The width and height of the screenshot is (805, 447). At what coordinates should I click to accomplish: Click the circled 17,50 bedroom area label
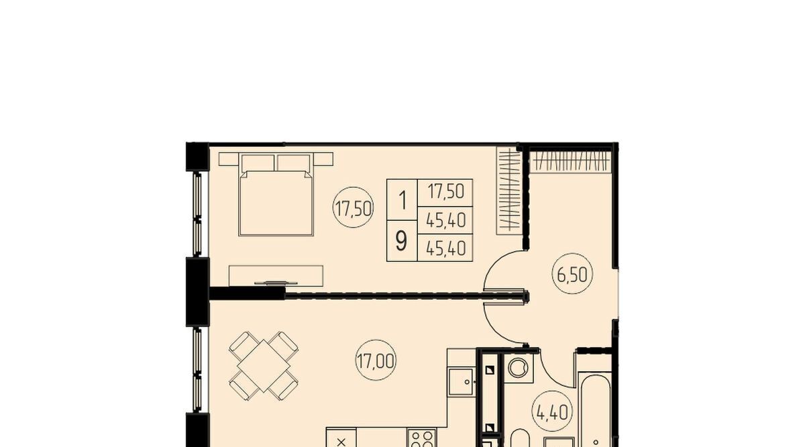[x=354, y=207]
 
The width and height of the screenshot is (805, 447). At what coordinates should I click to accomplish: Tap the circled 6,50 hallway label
[x=572, y=274]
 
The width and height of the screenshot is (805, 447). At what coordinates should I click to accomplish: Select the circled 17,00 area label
[x=376, y=360]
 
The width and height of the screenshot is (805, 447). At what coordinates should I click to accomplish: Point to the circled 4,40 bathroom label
[x=552, y=411]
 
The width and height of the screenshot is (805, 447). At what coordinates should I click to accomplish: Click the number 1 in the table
[x=402, y=200]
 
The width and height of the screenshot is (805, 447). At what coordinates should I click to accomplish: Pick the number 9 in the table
[x=401, y=241]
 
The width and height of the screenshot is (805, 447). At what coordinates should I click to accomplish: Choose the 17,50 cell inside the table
[x=445, y=192]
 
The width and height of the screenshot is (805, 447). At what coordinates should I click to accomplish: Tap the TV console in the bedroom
[x=276, y=276]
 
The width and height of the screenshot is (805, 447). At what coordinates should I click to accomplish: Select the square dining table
[x=264, y=366]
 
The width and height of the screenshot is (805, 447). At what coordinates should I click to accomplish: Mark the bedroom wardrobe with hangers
[x=510, y=191]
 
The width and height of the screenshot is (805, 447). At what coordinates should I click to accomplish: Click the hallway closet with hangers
[x=571, y=161]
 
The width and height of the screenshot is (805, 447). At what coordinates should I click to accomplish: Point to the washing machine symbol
[x=518, y=368]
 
